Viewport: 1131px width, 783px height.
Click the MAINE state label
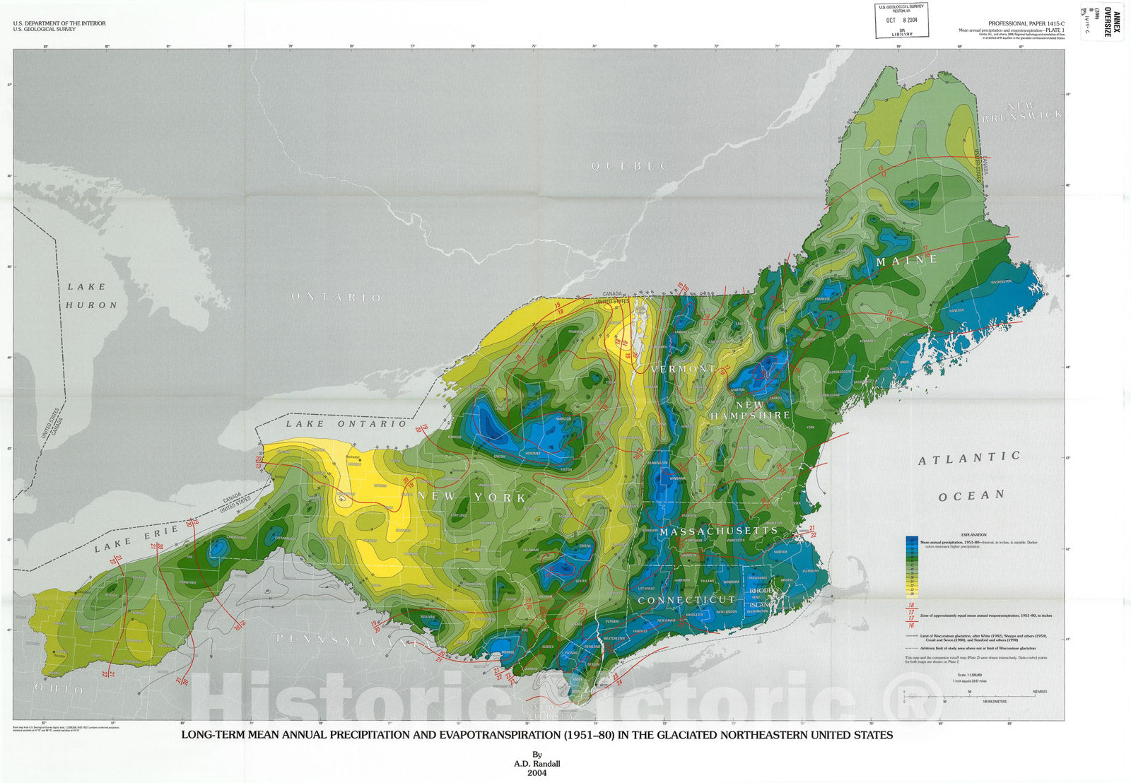point(907,260)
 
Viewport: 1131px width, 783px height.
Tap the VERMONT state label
point(683,369)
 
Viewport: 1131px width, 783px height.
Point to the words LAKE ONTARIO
point(346,423)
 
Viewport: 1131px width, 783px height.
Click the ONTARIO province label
point(336,298)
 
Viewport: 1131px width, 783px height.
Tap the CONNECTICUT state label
point(687,600)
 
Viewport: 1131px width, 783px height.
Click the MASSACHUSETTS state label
point(719,531)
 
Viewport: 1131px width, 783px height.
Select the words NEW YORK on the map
point(471,497)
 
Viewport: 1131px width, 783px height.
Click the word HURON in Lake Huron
point(91,305)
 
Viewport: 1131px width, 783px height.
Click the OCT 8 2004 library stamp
point(901,20)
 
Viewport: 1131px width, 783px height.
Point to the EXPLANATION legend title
point(973,535)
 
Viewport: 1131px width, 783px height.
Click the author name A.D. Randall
point(537,763)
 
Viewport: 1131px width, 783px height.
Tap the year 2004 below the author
point(537,772)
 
